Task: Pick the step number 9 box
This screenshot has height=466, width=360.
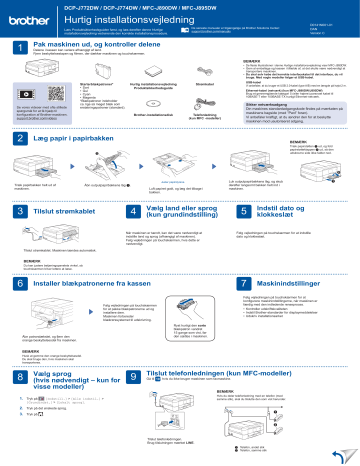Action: (126, 379)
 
